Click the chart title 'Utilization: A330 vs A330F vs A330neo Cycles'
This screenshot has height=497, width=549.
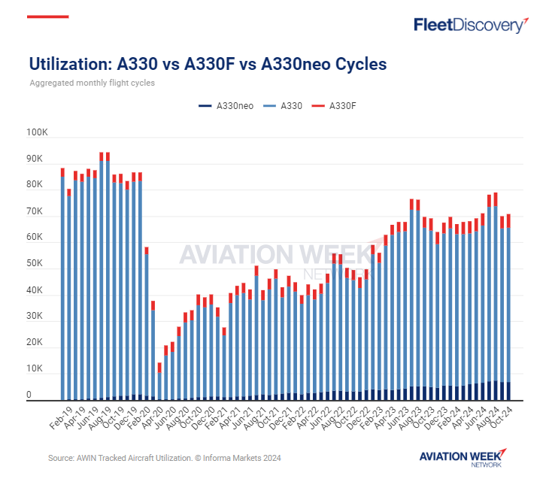[x=208, y=64]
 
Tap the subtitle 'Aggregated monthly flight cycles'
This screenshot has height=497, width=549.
[x=92, y=83]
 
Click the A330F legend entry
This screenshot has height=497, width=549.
[x=338, y=107]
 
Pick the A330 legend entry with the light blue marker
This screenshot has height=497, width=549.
[x=286, y=107]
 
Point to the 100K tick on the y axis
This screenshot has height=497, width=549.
[x=37, y=133]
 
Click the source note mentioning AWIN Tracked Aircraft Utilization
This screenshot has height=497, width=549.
[x=165, y=457]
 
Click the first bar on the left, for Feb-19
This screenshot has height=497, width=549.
[x=62, y=286]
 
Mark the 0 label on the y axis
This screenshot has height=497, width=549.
[x=29, y=395]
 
